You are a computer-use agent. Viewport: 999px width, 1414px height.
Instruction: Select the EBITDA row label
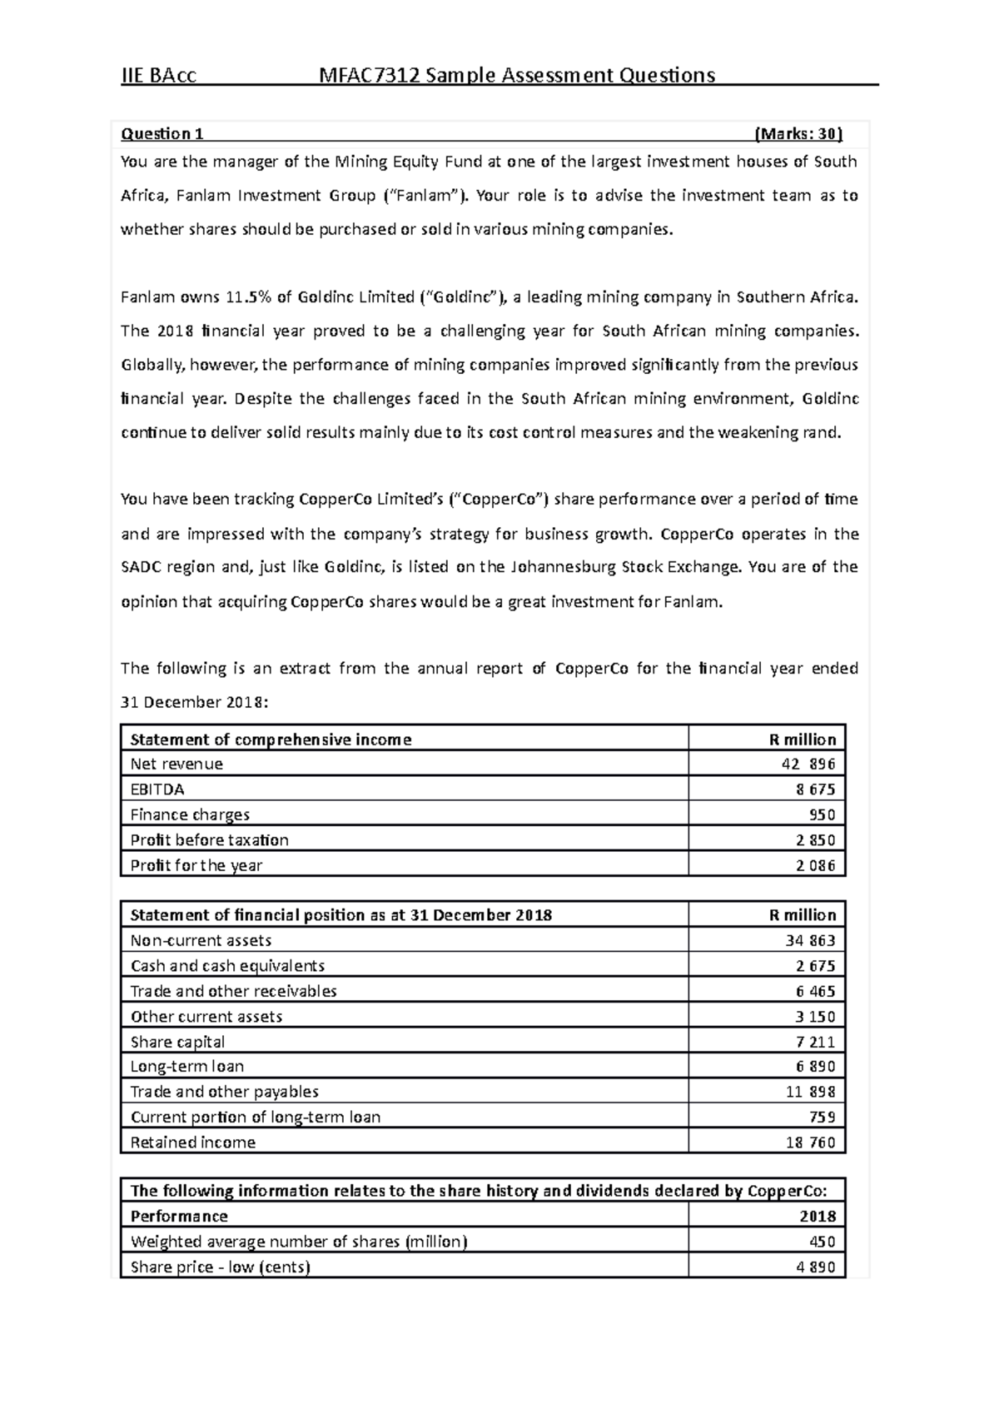coord(157,789)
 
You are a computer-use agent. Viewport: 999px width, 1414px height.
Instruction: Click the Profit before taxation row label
coord(209,839)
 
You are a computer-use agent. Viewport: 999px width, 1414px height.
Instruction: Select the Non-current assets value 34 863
coord(810,940)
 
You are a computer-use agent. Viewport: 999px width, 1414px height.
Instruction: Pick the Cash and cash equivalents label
coord(227,966)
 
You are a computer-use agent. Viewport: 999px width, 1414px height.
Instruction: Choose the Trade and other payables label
coord(224,1092)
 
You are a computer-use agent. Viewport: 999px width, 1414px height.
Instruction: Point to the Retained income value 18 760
coord(810,1143)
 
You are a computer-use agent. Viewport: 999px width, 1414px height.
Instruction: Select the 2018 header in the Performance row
coord(818,1216)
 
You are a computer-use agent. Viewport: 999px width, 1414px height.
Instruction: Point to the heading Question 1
coord(162,134)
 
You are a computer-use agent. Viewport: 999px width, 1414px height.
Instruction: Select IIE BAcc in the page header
coord(159,76)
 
